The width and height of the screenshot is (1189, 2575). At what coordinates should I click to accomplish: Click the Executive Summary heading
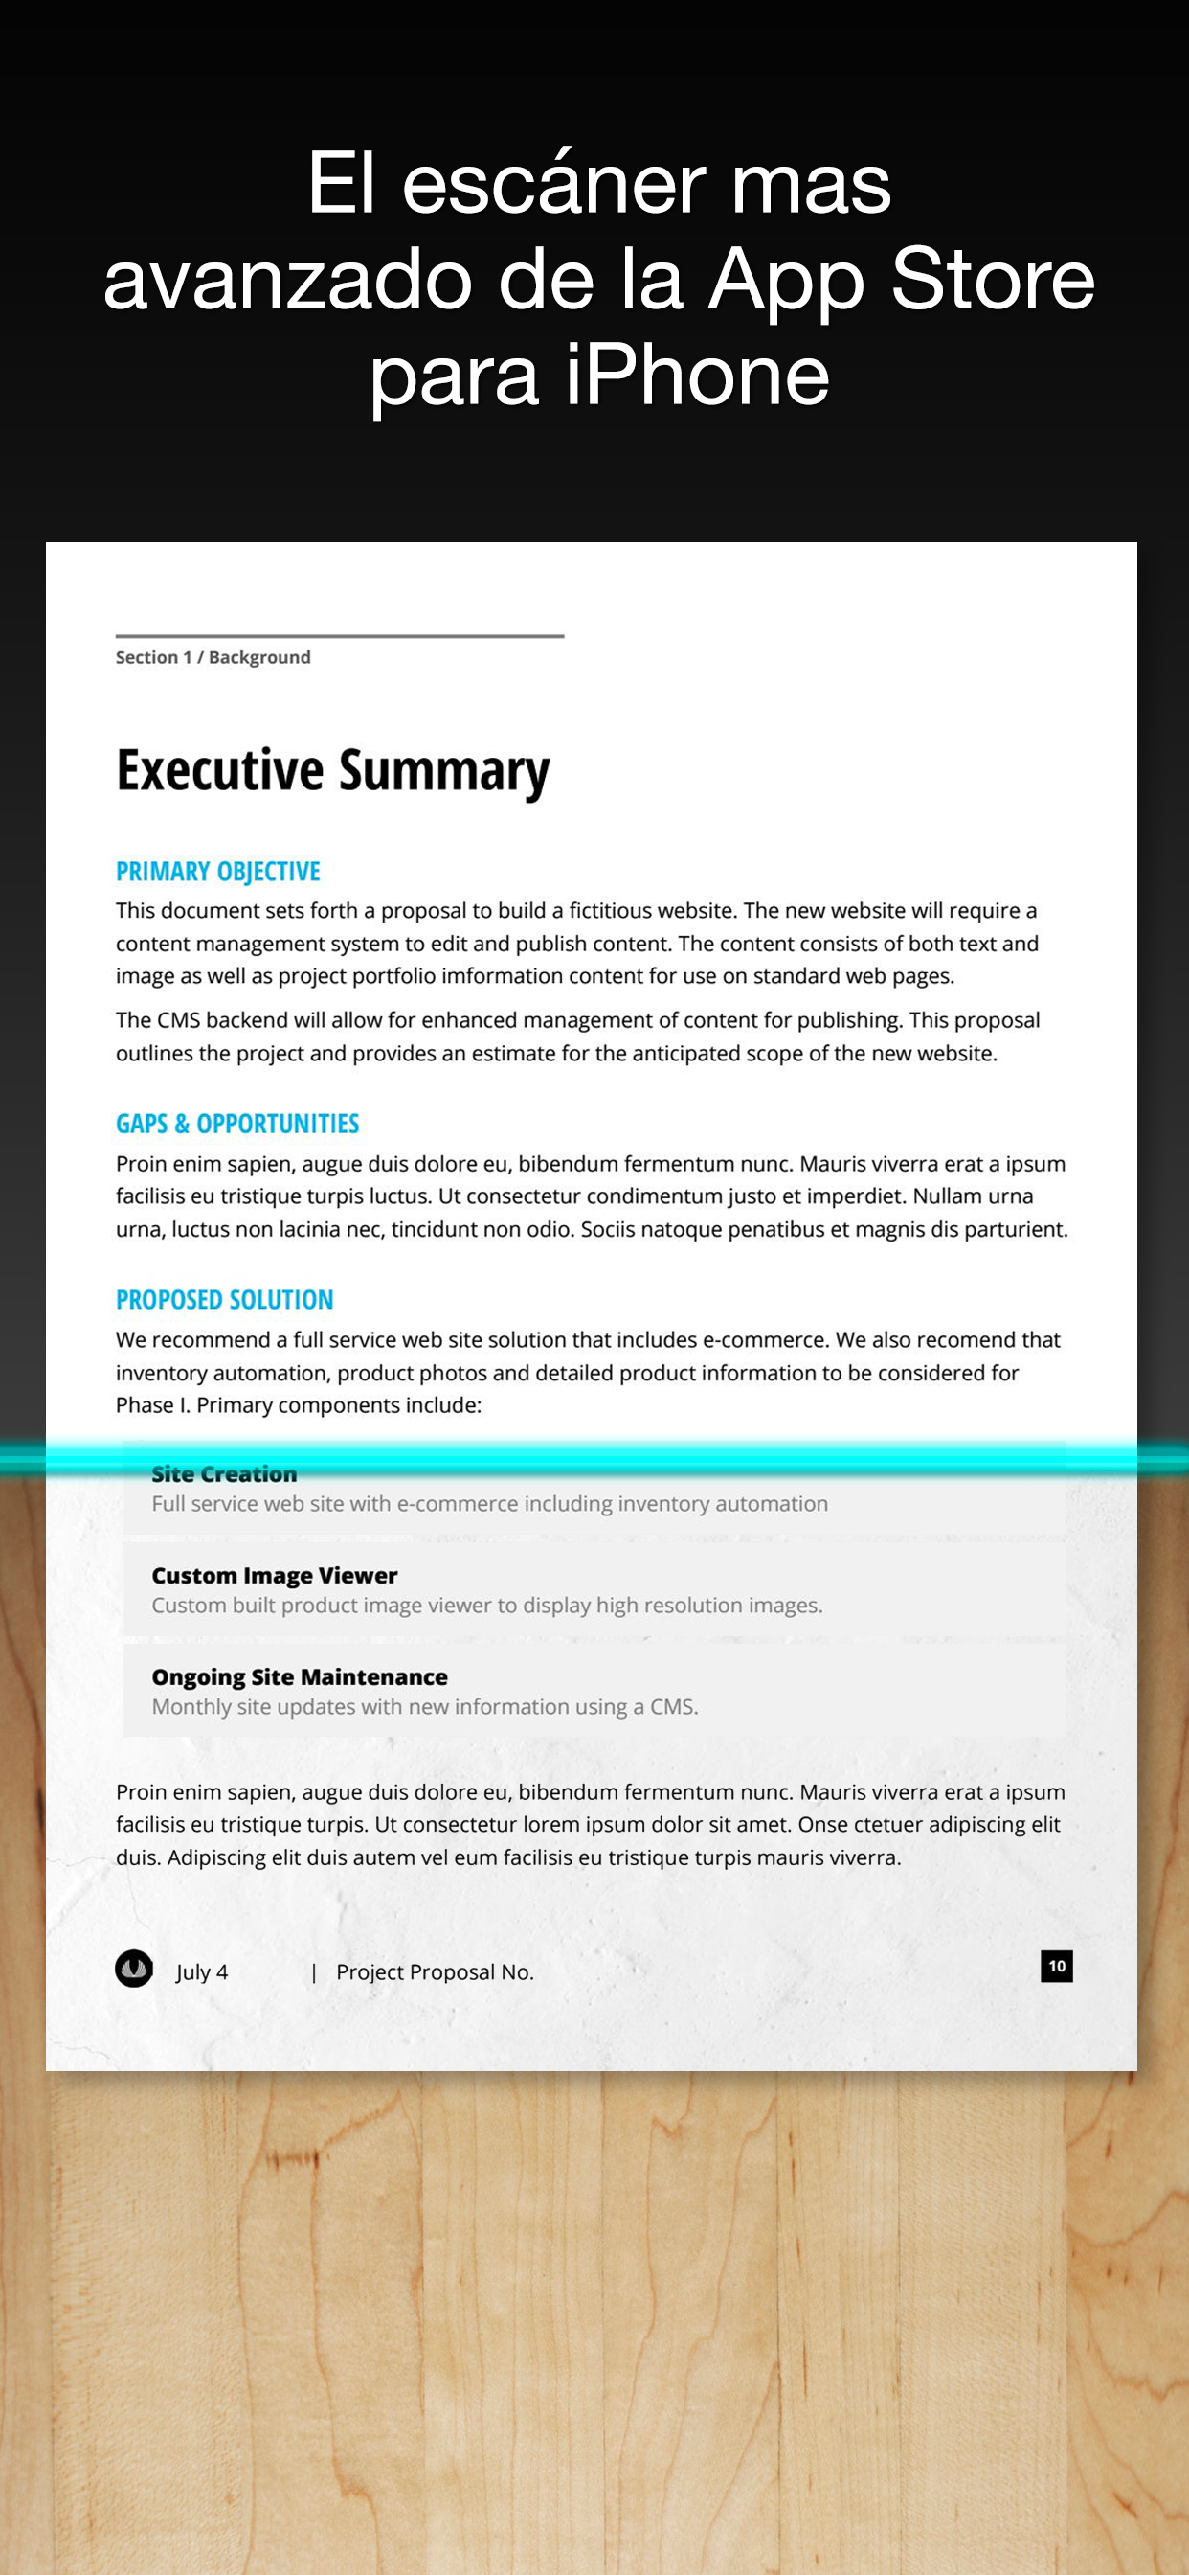coord(333,771)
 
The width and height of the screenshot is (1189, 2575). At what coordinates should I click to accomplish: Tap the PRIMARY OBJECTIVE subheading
coord(218,872)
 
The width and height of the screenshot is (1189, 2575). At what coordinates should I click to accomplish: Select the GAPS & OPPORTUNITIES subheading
coord(236,1124)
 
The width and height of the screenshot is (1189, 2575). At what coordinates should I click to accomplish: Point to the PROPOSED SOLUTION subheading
coord(225,1300)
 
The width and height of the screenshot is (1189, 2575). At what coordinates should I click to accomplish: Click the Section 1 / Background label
coord(213,657)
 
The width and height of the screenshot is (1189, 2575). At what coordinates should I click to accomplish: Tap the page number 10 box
coord(1056,1967)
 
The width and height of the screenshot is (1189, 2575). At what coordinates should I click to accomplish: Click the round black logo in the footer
coord(134,1970)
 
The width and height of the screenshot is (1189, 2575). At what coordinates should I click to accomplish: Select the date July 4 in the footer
coord(202,1972)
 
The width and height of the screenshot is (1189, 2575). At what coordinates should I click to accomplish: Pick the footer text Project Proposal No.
coord(435,1972)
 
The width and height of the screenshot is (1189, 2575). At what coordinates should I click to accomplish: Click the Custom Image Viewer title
coord(275,1576)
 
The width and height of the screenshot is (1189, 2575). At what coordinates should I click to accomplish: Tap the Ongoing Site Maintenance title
coord(300,1676)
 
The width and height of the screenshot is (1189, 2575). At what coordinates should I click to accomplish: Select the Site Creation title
coord(224,1473)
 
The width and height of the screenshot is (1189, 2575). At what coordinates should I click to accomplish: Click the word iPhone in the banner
coord(696,376)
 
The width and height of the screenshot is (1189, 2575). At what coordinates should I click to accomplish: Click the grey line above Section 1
coord(340,636)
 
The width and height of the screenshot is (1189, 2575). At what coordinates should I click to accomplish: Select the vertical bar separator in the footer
coord(314,1972)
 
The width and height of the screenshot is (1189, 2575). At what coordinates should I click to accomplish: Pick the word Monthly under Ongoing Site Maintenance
coord(191,1706)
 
